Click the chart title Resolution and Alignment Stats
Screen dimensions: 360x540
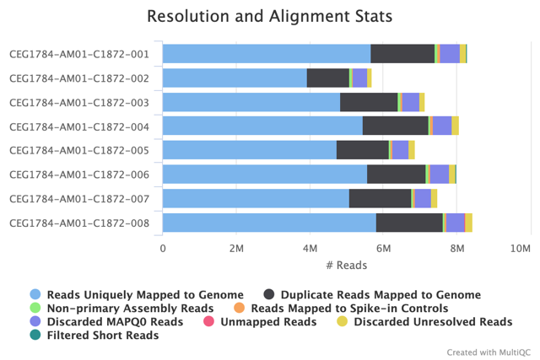pyautogui.click(x=269, y=16)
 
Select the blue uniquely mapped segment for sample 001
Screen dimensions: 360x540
pyautogui.click(x=266, y=54)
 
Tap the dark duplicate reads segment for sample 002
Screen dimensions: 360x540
pyautogui.click(x=327, y=78)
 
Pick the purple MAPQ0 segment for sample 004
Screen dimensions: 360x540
pyautogui.click(x=442, y=126)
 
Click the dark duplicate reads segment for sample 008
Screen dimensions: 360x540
pyautogui.click(x=409, y=223)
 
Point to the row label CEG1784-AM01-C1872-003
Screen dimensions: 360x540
pyautogui.click(x=79, y=103)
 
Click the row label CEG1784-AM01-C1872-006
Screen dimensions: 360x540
pyautogui.click(x=79, y=175)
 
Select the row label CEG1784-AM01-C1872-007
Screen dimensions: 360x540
pyautogui.click(x=79, y=199)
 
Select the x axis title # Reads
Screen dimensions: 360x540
pyautogui.click(x=346, y=265)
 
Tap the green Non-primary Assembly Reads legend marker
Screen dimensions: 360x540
pyautogui.click(x=35, y=309)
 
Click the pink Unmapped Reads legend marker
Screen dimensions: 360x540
pyautogui.click(x=225, y=322)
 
